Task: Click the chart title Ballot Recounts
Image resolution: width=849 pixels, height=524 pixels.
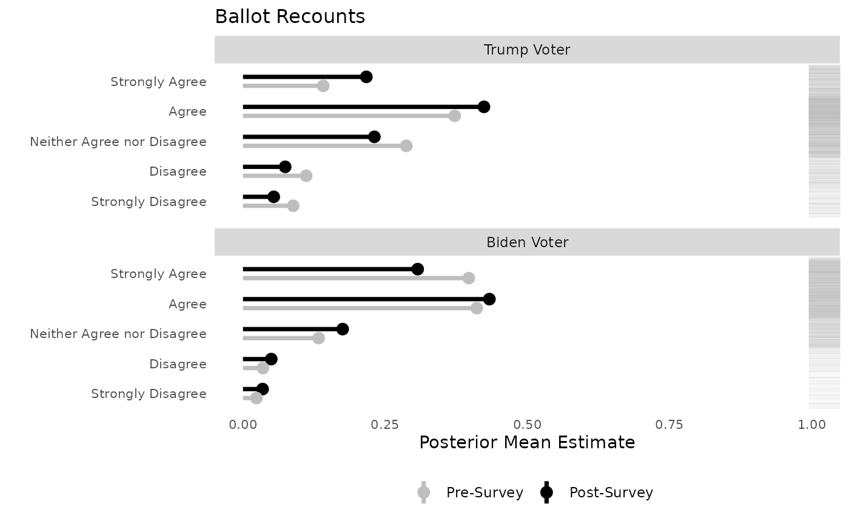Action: (x=290, y=17)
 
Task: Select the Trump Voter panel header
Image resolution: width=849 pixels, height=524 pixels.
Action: (x=527, y=50)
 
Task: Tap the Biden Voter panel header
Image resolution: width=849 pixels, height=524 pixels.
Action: (x=527, y=242)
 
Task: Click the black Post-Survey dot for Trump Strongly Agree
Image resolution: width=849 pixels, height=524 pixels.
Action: (x=366, y=77)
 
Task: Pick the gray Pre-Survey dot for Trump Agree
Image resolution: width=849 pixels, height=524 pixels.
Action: (x=454, y=116)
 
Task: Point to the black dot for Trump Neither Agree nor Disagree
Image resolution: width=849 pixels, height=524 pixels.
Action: (x=374, y=137)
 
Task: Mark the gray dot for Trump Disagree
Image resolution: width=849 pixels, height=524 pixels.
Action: (x=306, y=176)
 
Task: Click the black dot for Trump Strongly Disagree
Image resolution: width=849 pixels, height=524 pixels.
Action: (x=273, y=197)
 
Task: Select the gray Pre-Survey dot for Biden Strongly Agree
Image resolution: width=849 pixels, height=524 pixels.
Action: (x=469, y=278)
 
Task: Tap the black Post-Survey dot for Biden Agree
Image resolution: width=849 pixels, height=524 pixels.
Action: (x=489, y=299)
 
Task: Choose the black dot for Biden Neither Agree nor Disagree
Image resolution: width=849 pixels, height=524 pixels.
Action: (x=343, y=329)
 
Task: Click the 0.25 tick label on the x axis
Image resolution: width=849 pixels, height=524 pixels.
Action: (x=384, y=425)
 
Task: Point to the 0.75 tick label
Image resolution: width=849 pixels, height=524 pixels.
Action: (x=669, y=425)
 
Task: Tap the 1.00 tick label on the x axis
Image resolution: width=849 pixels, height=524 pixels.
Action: (x=811, y=425)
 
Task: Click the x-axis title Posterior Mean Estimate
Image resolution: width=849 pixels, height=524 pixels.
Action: (x=527, y=443)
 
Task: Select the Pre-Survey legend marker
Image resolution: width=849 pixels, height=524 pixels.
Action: (x=424, y=492)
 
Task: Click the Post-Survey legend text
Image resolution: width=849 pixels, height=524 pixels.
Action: (x=611, y=492)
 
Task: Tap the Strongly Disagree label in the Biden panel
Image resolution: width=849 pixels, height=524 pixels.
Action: (x=149, y=394)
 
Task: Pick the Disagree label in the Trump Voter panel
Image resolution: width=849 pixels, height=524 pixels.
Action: (x=178, y=171)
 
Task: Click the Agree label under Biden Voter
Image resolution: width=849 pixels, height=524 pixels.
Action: (x=187, y=304)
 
